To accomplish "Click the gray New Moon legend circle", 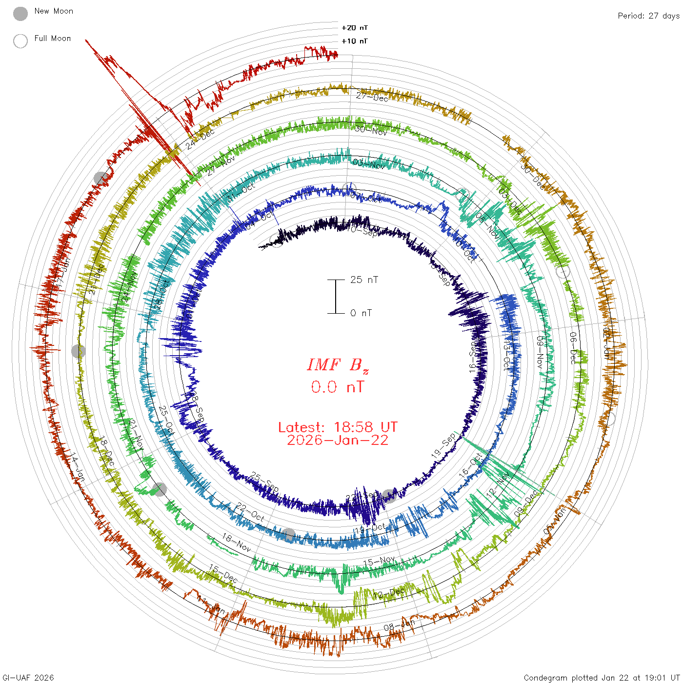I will pyautogui.click(x=20, y=14).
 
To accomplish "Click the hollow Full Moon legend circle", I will pyautogui.click(x=20, y=41).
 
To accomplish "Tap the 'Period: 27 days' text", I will pyautogui.click(x=648, y=16).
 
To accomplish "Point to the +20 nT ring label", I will pyautogui.click(x=354, y=28).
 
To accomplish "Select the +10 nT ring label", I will pyautogui.click(x=354, y=41).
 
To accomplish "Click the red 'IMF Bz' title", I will pyautogui.click(x=338, y=365).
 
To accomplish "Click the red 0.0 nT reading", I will pyautogui.click(x=338, y=387).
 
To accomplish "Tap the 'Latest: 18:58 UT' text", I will pyautogui.click(x=338, y=427).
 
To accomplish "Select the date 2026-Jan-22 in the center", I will pyautogui.click(x=338, y=440).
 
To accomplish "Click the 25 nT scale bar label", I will pyautogui.click(x=364, y=280).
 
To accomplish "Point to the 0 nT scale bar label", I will pyautogui.click(x=361, y=313).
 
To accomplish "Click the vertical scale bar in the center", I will pyautogui.click(x=336, y=297).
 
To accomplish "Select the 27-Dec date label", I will pyautogui.click(x=372, y=97).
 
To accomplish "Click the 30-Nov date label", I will pyautogui.click(x=371, y=130).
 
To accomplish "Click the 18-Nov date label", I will pyautogui.click(x=237, y=542).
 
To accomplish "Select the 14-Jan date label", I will pyautogui.click(x=77, y=468).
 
